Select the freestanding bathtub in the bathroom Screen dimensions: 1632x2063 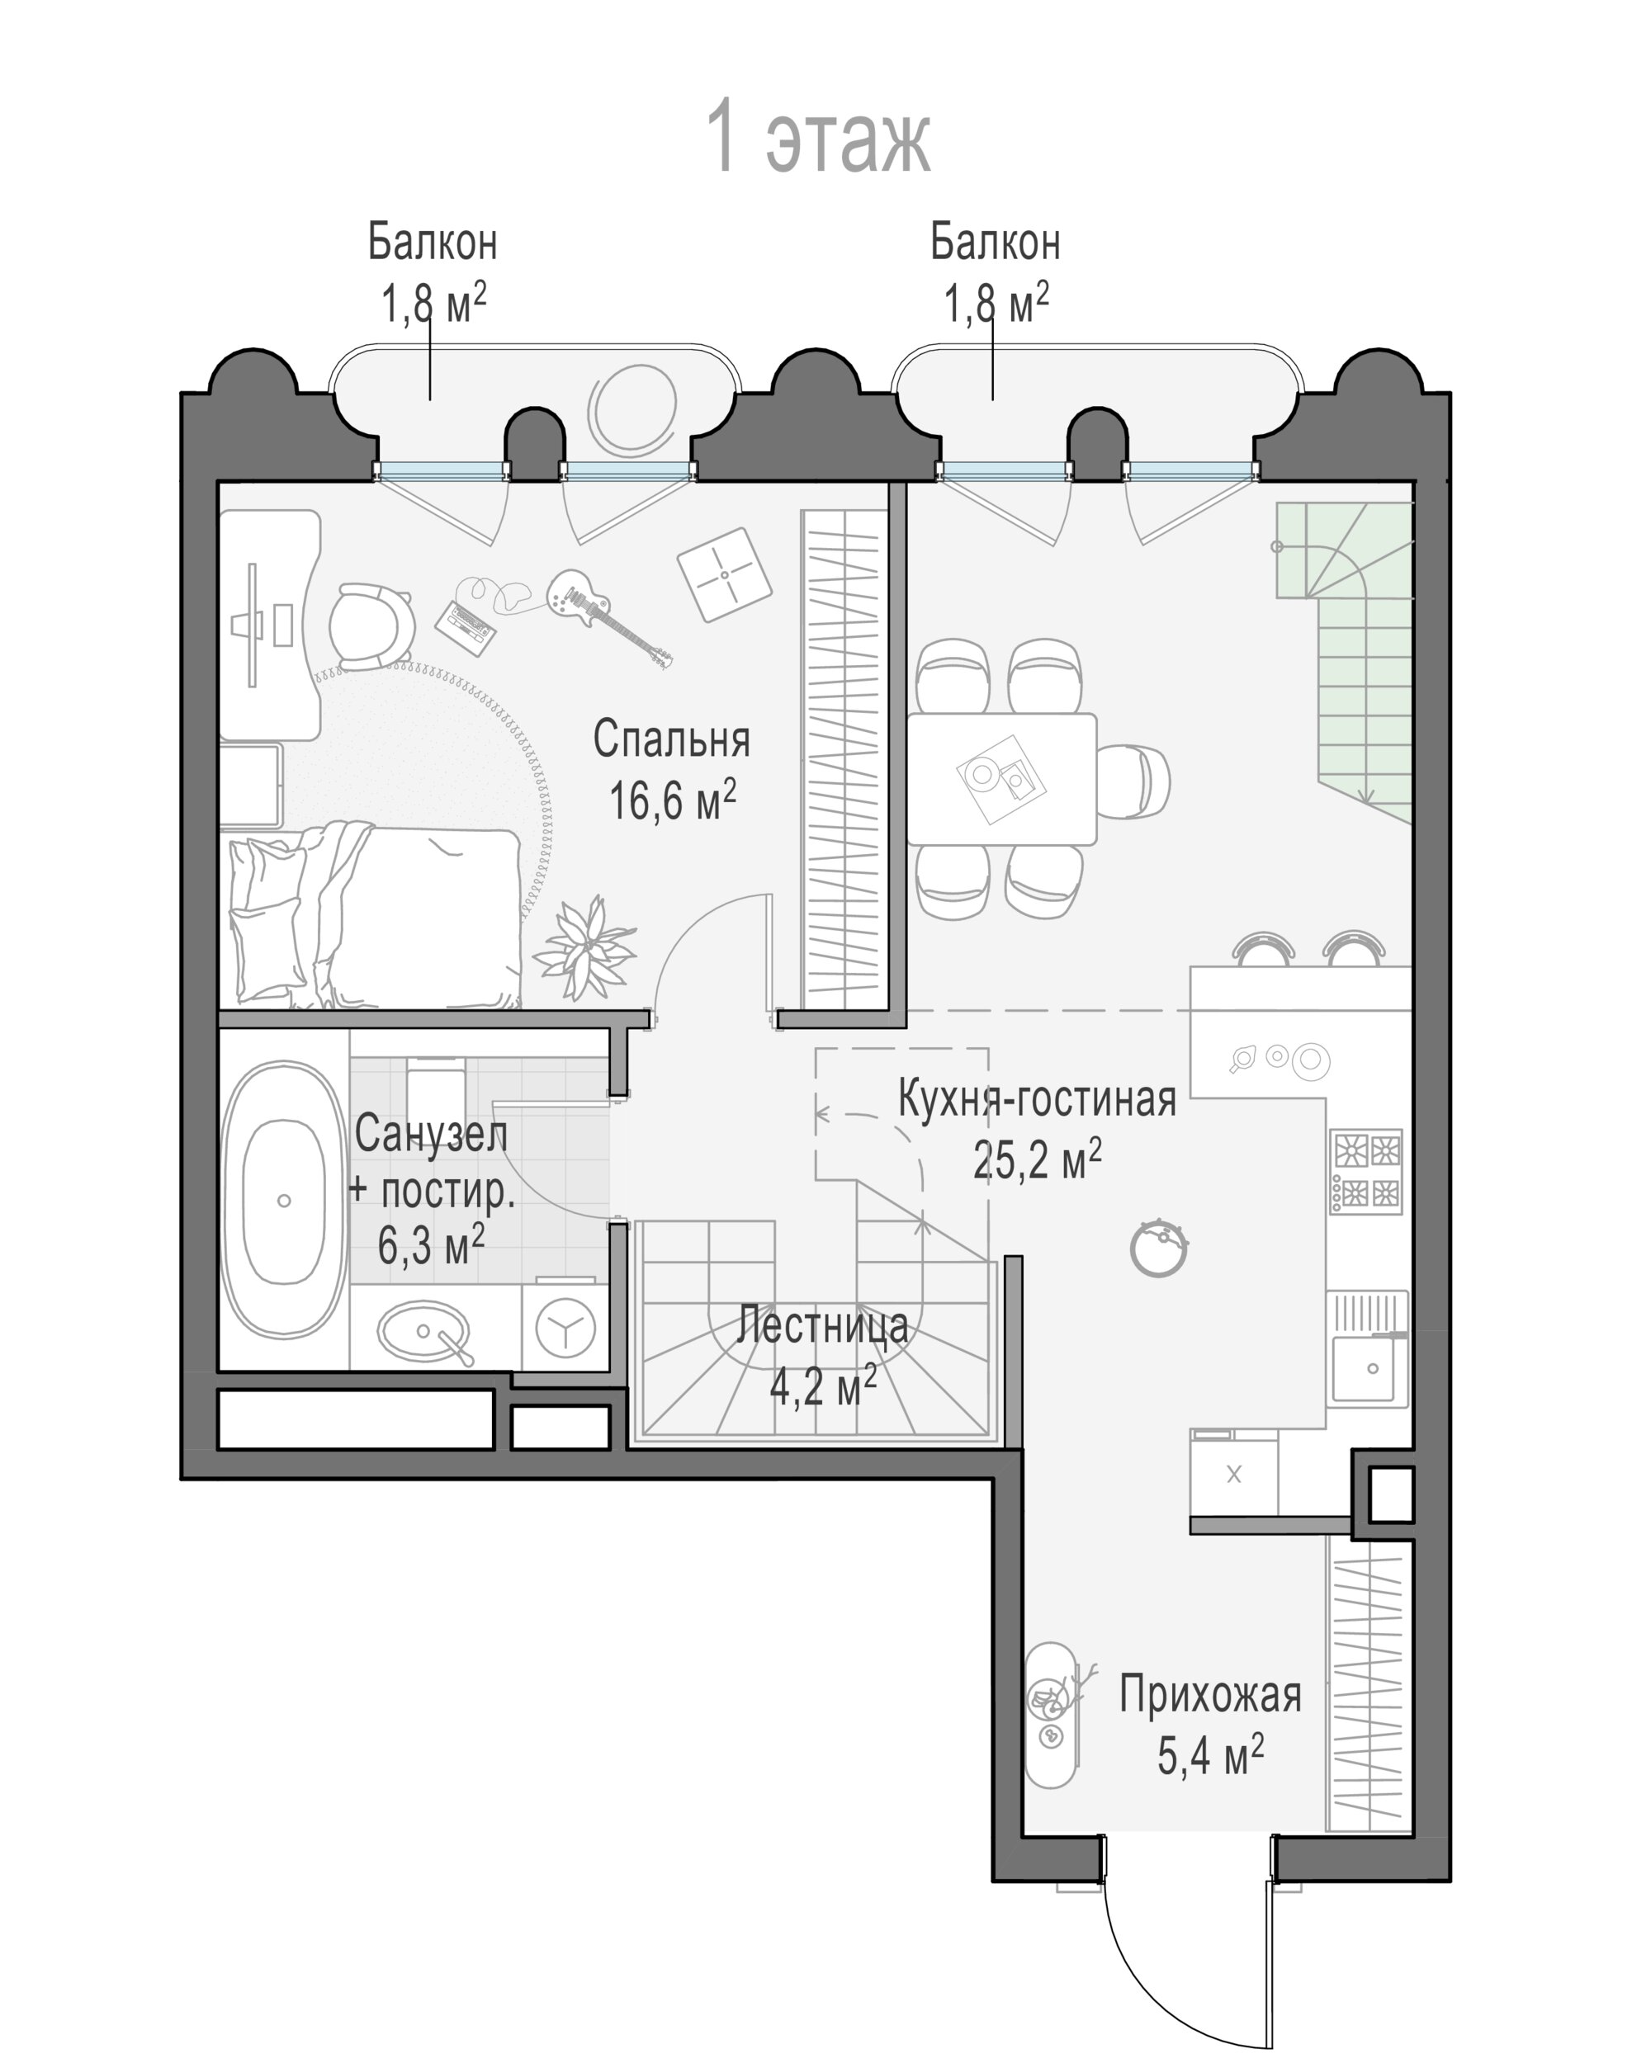(x=284, y=1201)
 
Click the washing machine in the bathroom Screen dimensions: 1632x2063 (x=565, y=1327)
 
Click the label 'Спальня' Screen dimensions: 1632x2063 (x=671, y=739)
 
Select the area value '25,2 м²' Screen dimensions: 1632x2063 (x=1037, y=1159)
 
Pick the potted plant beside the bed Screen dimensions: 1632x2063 (x=584, y=947)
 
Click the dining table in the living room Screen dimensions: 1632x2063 (x=1001, y=778)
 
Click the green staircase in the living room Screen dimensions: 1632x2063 (x=1361, y=649)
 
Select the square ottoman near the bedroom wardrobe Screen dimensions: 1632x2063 (x=724, y=574)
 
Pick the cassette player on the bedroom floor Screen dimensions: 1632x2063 (x=467, y=625)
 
